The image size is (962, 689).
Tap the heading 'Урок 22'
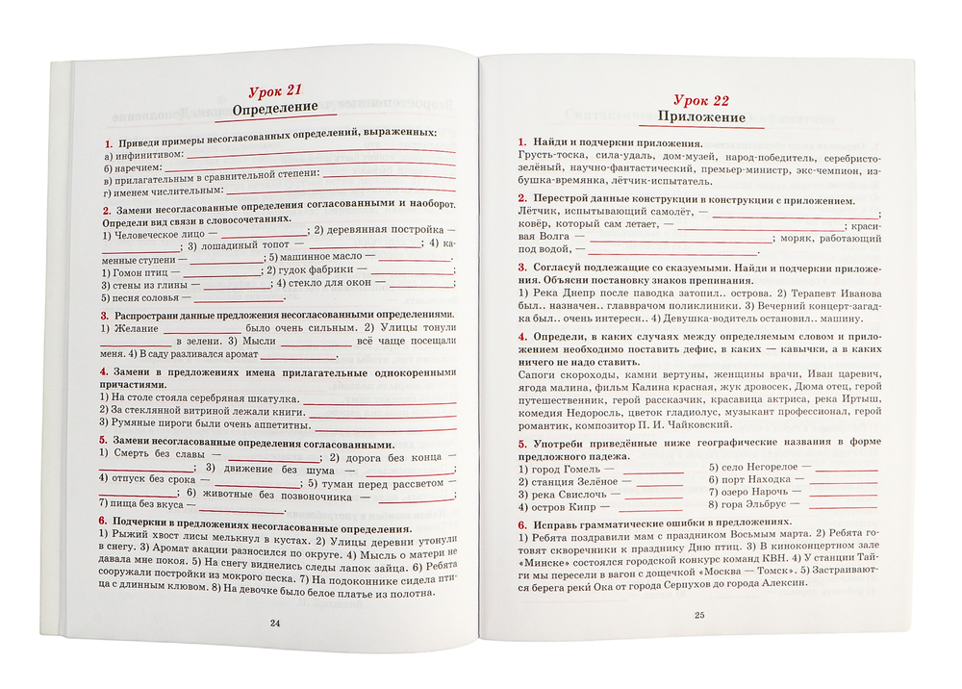(x=701, y=101)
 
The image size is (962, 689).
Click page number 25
(x=699, y=616)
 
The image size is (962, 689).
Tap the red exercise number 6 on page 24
(x=103, y=520)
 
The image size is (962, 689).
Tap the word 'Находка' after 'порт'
(x=771, y=478)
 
